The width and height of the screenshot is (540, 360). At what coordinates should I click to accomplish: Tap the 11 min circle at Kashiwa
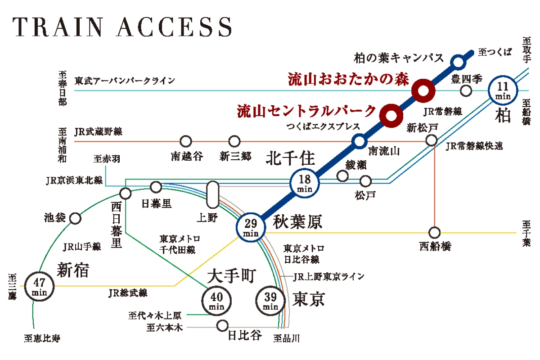pyautogui.click(x=502, y=90)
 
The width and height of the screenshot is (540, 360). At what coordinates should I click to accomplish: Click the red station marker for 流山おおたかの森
pyautogui.click(x=423, y=90)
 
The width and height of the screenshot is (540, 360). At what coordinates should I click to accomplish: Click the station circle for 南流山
pyautogui.click(x=359, y=141)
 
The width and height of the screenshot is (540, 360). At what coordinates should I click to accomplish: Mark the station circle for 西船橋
pyautogui.click(x=434, y=233)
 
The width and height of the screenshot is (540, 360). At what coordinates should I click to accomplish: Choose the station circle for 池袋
pyautogui.click(x=76, y=219)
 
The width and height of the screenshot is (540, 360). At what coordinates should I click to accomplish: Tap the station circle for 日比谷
pyautogui.click(x=222, y=325)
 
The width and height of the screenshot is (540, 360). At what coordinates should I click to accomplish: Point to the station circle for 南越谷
pyautogui.click(x=185, y=141)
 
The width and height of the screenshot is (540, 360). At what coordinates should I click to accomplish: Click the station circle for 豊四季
pyautogui.click(x=466, y=90)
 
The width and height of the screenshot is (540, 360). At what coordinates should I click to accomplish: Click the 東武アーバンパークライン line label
pyautogui.click(x=125, y=81)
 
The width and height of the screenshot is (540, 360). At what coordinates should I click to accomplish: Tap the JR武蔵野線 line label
pyautogui.click(x=98, y=132)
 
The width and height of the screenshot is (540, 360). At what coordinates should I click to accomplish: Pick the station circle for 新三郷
pyautogui.click(x=234, y=141)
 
